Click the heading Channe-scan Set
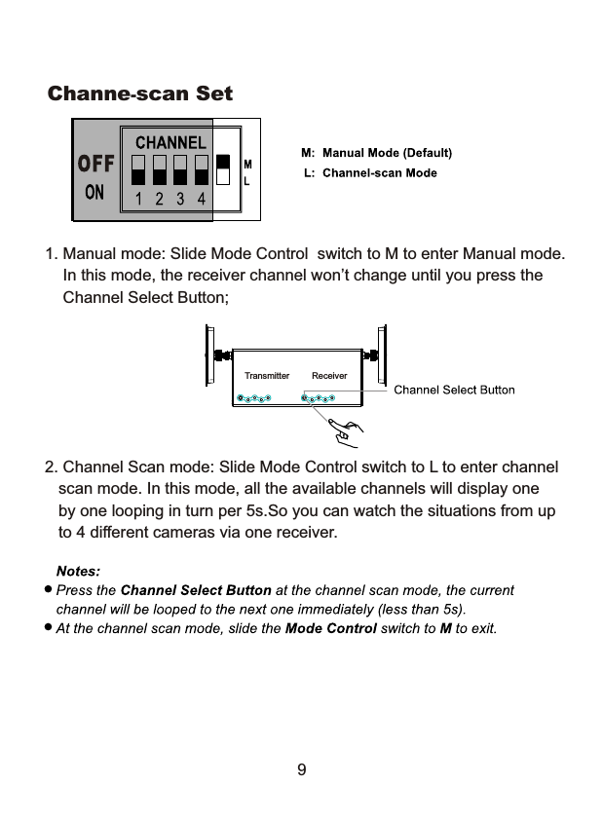(x=140, y=94)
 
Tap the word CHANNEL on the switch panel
(x=170, y=142)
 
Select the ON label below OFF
(x=94, y=192)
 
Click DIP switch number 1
(x=138, y=169)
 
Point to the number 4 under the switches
(x=201, y=199)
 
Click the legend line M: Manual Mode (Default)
(x=376, y=153)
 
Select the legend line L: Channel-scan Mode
(x=370, y=173)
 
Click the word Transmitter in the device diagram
(x=266, y=375)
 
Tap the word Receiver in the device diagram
(x=329, y=375)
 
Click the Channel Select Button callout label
(x=454, y=391)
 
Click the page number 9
(x=301, y=770)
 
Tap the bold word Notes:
(x=78, y=571)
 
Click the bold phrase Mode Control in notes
(x=330, y=628)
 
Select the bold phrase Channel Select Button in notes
(x=195, y=590)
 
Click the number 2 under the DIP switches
(x=159, y=199)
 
